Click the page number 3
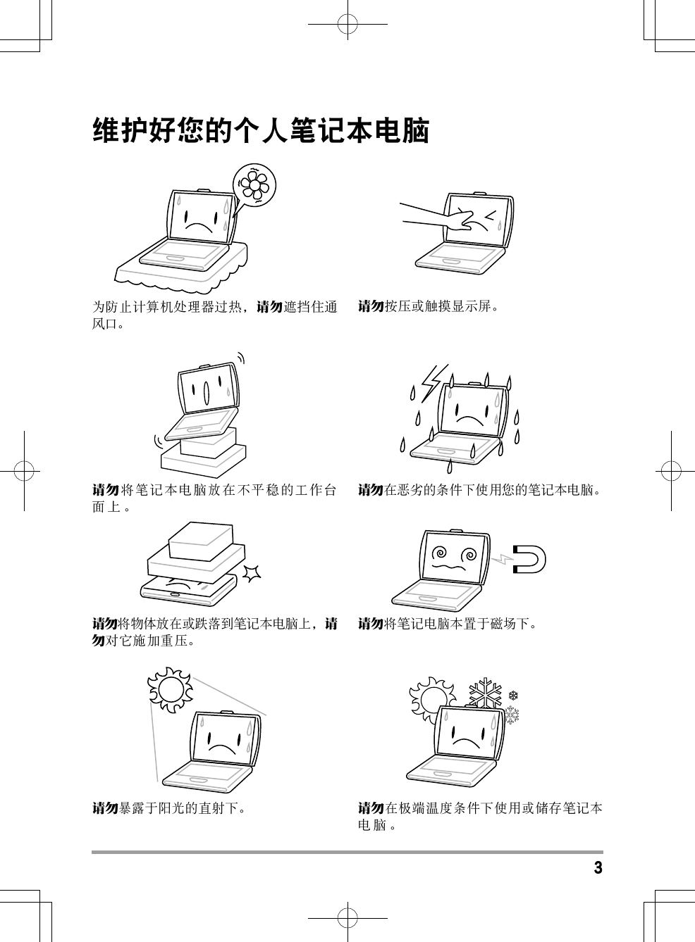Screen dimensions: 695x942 click(x=598, y=867)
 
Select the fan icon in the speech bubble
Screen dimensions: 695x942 click(x=254, y=185)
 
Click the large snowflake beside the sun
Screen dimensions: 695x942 click(x=485, y=693)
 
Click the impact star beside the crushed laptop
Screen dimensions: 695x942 click(x=252, y=573)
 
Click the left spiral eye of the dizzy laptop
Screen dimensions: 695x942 click(x=440, y=552)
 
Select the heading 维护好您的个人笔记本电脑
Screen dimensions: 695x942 click(x=261, y=131)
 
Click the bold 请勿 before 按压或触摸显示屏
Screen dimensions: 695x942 click(x=371, y=306)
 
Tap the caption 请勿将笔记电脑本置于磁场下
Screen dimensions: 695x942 click(x=448, y=623)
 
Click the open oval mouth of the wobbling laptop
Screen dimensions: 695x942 click(x=207, y=393)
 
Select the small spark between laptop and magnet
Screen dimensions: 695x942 click(x=502, y=558)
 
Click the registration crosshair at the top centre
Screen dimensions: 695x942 click(x=347, y=24)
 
